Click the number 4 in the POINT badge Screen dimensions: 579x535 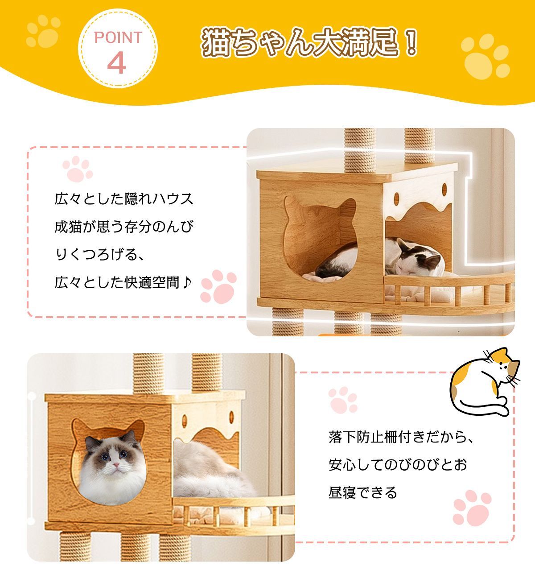pos(117,63)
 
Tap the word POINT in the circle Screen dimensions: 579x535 pos(118,37)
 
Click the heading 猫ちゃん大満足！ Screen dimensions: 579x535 pos(309,43)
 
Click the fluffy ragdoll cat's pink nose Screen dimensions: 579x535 pos(115,465)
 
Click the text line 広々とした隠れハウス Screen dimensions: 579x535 pos(124,199)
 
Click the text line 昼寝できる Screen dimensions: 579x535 pos(362,493)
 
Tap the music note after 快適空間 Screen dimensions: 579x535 pos(187,282)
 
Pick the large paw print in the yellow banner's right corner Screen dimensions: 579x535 pos(485,56)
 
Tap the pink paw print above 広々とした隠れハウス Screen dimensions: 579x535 pos(78,169)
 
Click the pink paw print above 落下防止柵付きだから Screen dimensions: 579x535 pos(343,400)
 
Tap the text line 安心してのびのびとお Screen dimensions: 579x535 pos(398,465)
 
